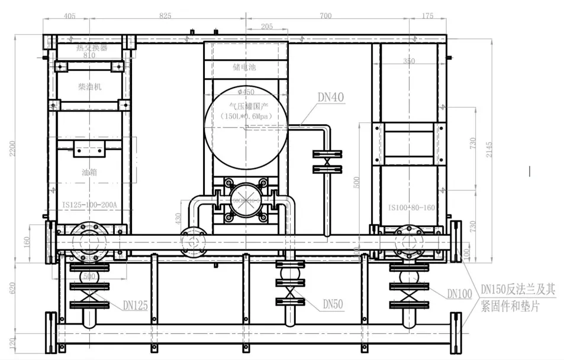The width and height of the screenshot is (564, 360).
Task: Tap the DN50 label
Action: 333,304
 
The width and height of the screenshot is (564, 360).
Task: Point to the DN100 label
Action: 459,293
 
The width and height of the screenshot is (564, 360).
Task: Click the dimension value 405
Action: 69,15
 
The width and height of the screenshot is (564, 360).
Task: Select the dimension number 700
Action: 325,15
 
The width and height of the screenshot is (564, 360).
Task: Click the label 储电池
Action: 244,67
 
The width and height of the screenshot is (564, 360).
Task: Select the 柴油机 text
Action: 90,87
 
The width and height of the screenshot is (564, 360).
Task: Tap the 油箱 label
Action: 90,173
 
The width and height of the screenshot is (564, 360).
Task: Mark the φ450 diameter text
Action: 245,92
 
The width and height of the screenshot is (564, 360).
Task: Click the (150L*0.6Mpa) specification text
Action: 245,116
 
